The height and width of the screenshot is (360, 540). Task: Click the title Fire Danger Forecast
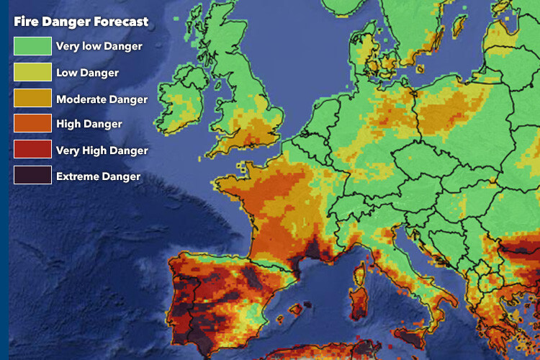pos(81,22)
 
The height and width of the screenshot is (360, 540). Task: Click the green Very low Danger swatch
pos(32,47)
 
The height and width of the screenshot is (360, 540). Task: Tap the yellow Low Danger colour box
pos(32,73)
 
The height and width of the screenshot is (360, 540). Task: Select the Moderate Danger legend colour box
pos(32,99)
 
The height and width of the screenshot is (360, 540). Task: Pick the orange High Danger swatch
pos(32,124)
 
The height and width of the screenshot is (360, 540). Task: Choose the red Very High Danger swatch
pos(32,150)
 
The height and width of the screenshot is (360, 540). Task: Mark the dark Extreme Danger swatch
pos(32,175)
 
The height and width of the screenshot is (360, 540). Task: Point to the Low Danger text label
pos(87,73)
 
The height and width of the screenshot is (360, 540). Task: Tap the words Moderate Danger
pos(102,99)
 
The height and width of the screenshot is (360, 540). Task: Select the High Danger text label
pos(89,125)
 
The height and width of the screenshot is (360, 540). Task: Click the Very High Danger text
pos(102,150)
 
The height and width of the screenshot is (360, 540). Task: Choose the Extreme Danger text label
pos(98,176)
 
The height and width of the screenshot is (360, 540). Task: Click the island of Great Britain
pos(245,108)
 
